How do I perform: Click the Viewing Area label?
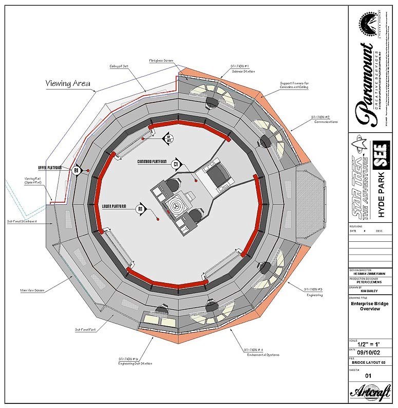pyautogui.click(x=68, y=83)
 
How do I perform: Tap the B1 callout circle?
pyautogui.click(x=76, y=170)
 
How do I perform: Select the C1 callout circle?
pyautogui.click(x=176, y=164)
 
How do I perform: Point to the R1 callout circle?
pyautogui.click(x=140, y=209)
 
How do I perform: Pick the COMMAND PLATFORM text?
pyautogui.click(x=153, y=162)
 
